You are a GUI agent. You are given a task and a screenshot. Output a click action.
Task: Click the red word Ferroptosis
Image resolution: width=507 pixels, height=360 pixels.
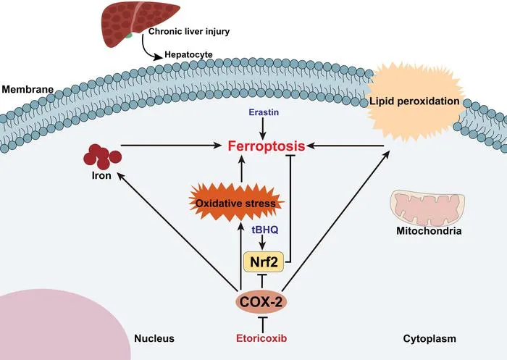point(267,146)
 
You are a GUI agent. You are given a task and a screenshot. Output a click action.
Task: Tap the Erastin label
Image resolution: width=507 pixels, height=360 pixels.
point(264,112)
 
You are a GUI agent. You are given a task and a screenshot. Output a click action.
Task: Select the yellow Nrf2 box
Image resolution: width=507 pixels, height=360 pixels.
point(264,261)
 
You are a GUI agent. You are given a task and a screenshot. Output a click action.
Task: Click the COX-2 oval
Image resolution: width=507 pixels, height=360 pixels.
point(261,302)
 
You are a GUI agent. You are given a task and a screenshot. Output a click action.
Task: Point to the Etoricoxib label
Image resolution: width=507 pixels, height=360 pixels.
point(261,339)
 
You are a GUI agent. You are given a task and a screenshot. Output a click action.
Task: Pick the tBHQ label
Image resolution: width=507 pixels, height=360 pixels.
point(265,230)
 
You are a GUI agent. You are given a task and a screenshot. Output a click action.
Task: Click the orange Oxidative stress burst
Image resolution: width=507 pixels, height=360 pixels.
point(235,203)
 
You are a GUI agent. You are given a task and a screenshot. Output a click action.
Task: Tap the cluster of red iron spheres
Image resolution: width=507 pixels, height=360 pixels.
point(102,157)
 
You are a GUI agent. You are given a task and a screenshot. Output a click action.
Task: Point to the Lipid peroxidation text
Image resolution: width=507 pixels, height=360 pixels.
point(414,101)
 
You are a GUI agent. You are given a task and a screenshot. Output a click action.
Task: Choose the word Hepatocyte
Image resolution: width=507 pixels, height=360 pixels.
point(188,54)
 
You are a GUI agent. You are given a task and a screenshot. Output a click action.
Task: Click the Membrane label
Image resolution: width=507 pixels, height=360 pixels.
point(28,89)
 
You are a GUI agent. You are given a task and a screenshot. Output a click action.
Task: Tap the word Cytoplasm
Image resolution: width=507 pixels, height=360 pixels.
point(430,339)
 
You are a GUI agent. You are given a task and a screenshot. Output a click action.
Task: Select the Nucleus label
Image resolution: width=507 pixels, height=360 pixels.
point(154,339)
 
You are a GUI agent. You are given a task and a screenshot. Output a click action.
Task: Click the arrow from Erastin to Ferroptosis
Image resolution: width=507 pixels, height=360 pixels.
point(263,129)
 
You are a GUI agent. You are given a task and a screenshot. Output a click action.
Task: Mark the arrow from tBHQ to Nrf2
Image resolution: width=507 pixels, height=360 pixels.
point(263,242)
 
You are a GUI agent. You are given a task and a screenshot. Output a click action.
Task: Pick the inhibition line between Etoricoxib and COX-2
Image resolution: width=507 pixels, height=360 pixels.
point(261,324)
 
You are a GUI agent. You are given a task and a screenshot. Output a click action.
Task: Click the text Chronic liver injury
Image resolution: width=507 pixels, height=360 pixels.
point(189,32)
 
